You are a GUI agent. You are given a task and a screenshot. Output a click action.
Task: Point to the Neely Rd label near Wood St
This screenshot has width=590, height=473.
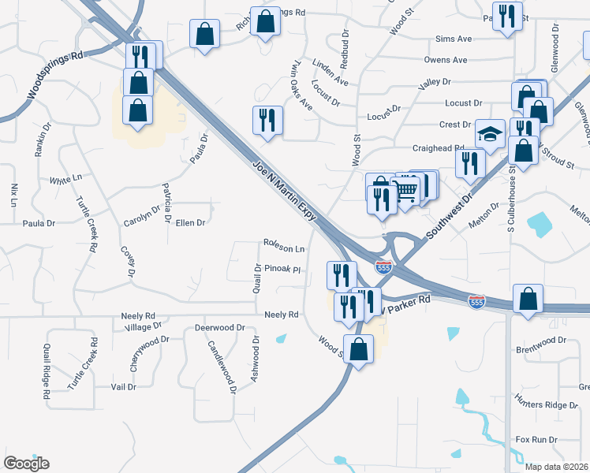point(282,315)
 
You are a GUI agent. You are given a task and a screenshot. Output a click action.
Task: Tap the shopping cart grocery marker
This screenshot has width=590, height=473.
point(405,190)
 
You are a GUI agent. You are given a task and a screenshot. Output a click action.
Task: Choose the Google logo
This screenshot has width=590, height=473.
point(26,464)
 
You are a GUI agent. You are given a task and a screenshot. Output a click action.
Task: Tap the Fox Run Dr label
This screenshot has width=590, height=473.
point(536,439)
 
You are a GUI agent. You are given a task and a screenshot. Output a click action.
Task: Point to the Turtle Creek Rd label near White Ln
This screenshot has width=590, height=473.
point(88,224)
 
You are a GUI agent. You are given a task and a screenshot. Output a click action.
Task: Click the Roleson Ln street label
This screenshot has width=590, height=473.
point(284,247)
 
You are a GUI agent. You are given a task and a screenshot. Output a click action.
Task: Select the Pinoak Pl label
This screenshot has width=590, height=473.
point(283,269)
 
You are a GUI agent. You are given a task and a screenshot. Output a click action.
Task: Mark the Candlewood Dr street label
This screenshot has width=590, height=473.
point(222,367)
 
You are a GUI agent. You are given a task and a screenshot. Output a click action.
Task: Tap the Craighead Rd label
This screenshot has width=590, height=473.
point(438,148)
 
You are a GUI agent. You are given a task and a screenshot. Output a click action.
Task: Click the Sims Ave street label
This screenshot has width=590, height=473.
point(453,39)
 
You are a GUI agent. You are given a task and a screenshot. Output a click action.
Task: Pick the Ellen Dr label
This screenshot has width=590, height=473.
point(190,223)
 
